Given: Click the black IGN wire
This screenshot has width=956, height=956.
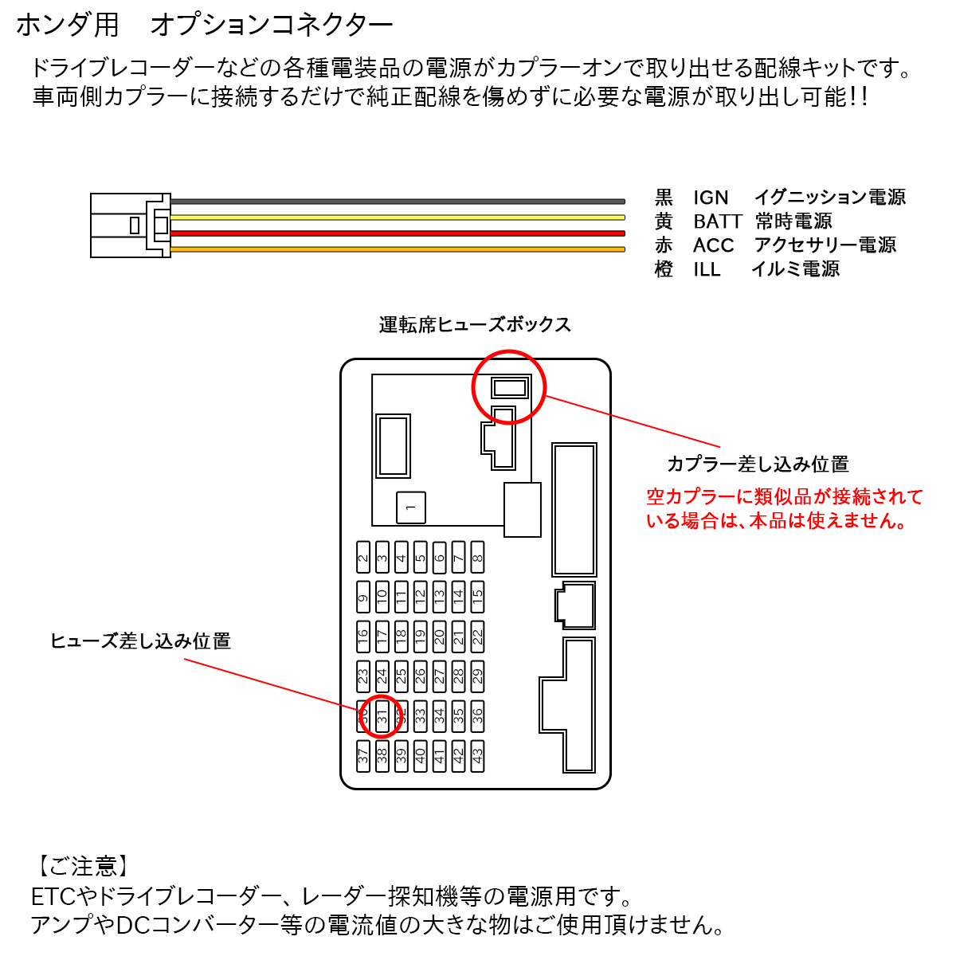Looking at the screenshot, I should (398, 202).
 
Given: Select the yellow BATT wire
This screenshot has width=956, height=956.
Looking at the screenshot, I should (398, 217).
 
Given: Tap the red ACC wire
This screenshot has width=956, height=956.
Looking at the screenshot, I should (398, 233).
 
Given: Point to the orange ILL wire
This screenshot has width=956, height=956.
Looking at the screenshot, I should (398, 249).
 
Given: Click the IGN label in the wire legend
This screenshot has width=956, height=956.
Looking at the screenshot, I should (711, 198).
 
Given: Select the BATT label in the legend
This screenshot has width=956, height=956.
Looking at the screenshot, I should (717, 221).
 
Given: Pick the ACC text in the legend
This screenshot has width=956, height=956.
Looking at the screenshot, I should (713, 245).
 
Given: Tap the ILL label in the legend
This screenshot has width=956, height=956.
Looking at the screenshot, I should (707, 269).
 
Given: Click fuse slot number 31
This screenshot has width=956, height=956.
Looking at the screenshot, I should (382, 716).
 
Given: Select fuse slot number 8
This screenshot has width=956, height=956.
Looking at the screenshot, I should (477, 558).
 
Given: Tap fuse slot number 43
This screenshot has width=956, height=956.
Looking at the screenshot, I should (477, 756).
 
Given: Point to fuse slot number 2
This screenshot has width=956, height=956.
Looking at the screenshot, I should (363, 558).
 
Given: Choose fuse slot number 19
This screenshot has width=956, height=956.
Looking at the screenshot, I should (421, 637).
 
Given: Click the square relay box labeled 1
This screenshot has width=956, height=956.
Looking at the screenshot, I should (411, 507).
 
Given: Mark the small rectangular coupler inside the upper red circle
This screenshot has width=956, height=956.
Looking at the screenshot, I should (509, 388).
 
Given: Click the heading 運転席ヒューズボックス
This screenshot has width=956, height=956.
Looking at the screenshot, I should (475, 325).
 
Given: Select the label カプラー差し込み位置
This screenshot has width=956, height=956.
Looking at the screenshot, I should (758, 464).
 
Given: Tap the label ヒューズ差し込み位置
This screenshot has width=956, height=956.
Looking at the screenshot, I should (140, 641).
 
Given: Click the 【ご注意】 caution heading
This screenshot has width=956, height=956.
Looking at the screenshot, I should (82, 866).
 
